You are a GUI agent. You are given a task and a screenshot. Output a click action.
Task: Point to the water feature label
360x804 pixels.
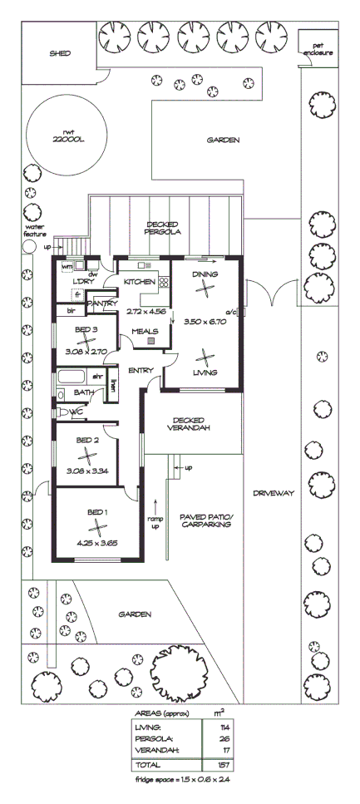(34, 229)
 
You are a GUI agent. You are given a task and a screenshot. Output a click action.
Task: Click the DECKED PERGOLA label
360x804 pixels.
(164, 228)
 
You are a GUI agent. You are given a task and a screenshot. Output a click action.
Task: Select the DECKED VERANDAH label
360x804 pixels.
(195, 423)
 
